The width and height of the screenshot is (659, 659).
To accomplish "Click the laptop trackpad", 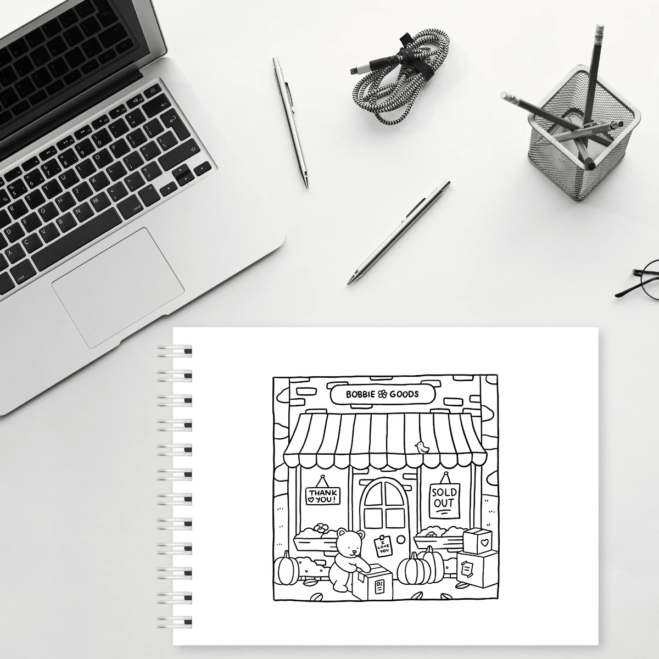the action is (118, 288).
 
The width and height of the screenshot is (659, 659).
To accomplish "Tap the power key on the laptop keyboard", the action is (153, 90).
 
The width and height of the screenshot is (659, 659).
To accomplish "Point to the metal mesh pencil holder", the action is (584, 133).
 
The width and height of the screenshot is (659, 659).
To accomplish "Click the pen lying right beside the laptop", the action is (291, 122).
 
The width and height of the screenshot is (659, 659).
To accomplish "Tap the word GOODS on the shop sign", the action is (404, 394).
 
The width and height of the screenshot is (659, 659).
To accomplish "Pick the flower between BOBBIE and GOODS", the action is (382, 395).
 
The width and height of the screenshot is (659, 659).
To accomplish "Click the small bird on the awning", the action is (422, 447).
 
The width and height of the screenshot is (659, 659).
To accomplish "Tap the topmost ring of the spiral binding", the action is (175, 351).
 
